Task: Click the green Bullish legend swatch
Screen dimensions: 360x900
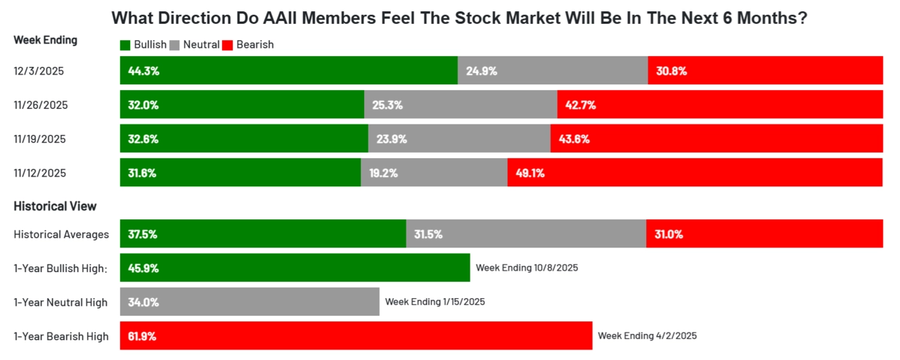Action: click(x=126, y=45)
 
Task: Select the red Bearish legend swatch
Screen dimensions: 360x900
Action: click(x=227, y=45)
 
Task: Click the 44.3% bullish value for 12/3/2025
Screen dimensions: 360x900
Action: click(x=143, y=71)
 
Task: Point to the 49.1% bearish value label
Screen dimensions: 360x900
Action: click(x=530, y=173)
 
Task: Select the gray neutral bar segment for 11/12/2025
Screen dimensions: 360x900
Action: click(x=434, y=172)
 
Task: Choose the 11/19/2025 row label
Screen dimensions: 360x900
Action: click(x=40, y=139)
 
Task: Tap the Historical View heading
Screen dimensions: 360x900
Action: click(x=55, y=207)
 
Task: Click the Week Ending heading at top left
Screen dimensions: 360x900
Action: click(x=46, y=40)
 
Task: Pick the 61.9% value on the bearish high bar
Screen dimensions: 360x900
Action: click(x=142, y=336)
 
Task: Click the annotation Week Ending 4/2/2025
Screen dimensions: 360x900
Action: click(x=647, y=336)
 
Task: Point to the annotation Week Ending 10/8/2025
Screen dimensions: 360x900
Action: click(x=527, y=268)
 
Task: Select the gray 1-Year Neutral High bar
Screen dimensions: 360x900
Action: click(x=250, y=302)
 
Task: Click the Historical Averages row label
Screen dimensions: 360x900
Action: click(x=61, y=235)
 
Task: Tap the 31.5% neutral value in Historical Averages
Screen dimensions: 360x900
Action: click(x=428, y=234)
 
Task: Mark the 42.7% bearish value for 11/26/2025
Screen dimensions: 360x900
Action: click(x=581, y=105)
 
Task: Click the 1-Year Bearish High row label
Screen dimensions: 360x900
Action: click(x=61, y=337)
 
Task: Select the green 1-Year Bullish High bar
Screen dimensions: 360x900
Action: click(x=295, y=268)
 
